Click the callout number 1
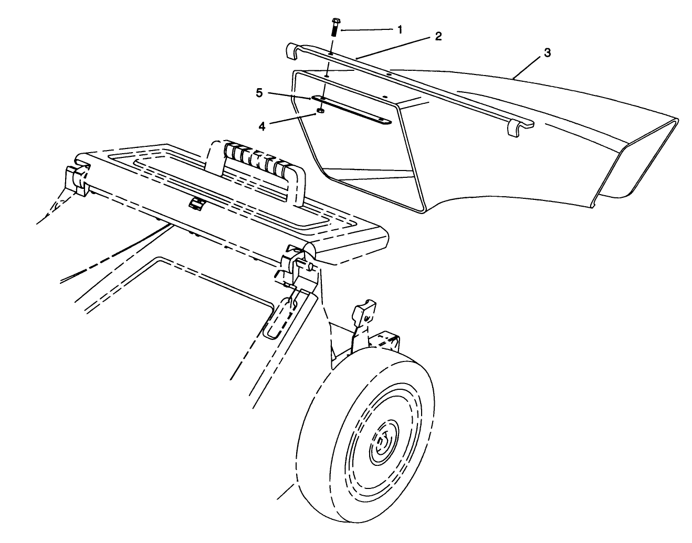tap(400, 29)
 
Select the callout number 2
tap(438, 36)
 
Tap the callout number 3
tap(547, 52)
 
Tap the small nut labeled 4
tap(320, 111)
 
